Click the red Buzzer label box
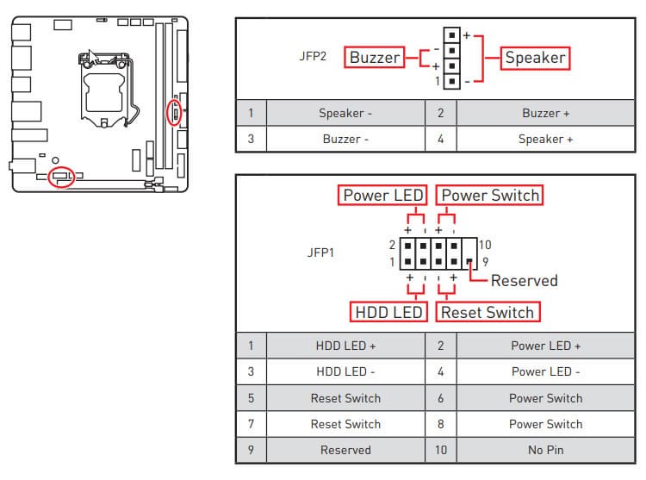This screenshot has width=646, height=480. [375, 58]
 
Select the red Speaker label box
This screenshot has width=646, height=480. [536, 58]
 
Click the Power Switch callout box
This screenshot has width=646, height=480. [490, 196]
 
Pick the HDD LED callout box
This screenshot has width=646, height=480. [388, 312]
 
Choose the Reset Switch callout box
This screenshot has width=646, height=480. [488, 312]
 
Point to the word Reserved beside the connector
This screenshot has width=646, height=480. [524, 280]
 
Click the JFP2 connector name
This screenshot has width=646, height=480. [314, 58]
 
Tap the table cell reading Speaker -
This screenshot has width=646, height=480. [345, 113]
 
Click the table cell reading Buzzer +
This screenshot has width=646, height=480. [545, 113]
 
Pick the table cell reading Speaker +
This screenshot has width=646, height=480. [545, 139]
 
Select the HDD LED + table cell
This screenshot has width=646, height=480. [345, 346]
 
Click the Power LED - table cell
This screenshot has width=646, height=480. [545, 371]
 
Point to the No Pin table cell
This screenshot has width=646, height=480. [545, 450]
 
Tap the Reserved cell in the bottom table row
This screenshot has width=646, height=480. [345, 450]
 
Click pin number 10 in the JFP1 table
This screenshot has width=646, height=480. [440, 450]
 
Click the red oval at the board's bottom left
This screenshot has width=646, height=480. [62, 177]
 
